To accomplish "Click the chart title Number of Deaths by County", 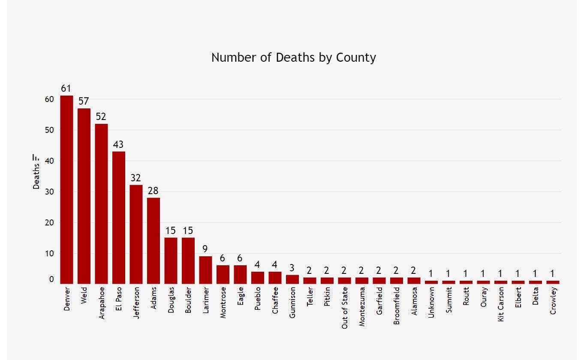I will pos(293,57).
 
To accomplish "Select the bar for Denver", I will pos(66,189).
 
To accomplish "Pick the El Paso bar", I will pos(119,217).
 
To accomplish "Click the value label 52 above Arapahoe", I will pos(101,117).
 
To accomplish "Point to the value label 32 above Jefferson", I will pos(136,178).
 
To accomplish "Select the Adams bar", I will pos(154,240).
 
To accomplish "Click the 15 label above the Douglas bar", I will pos(171,231).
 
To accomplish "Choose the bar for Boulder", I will pos(188,261).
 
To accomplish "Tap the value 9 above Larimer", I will pos(205,249).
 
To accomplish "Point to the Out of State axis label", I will pos(345,310).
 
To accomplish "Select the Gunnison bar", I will pos(292,279).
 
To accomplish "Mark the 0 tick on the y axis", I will pos(51,279).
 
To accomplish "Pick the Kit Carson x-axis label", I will pos(501,307).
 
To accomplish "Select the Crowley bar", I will pos(553,282).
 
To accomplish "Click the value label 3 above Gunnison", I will pos(292,268).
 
